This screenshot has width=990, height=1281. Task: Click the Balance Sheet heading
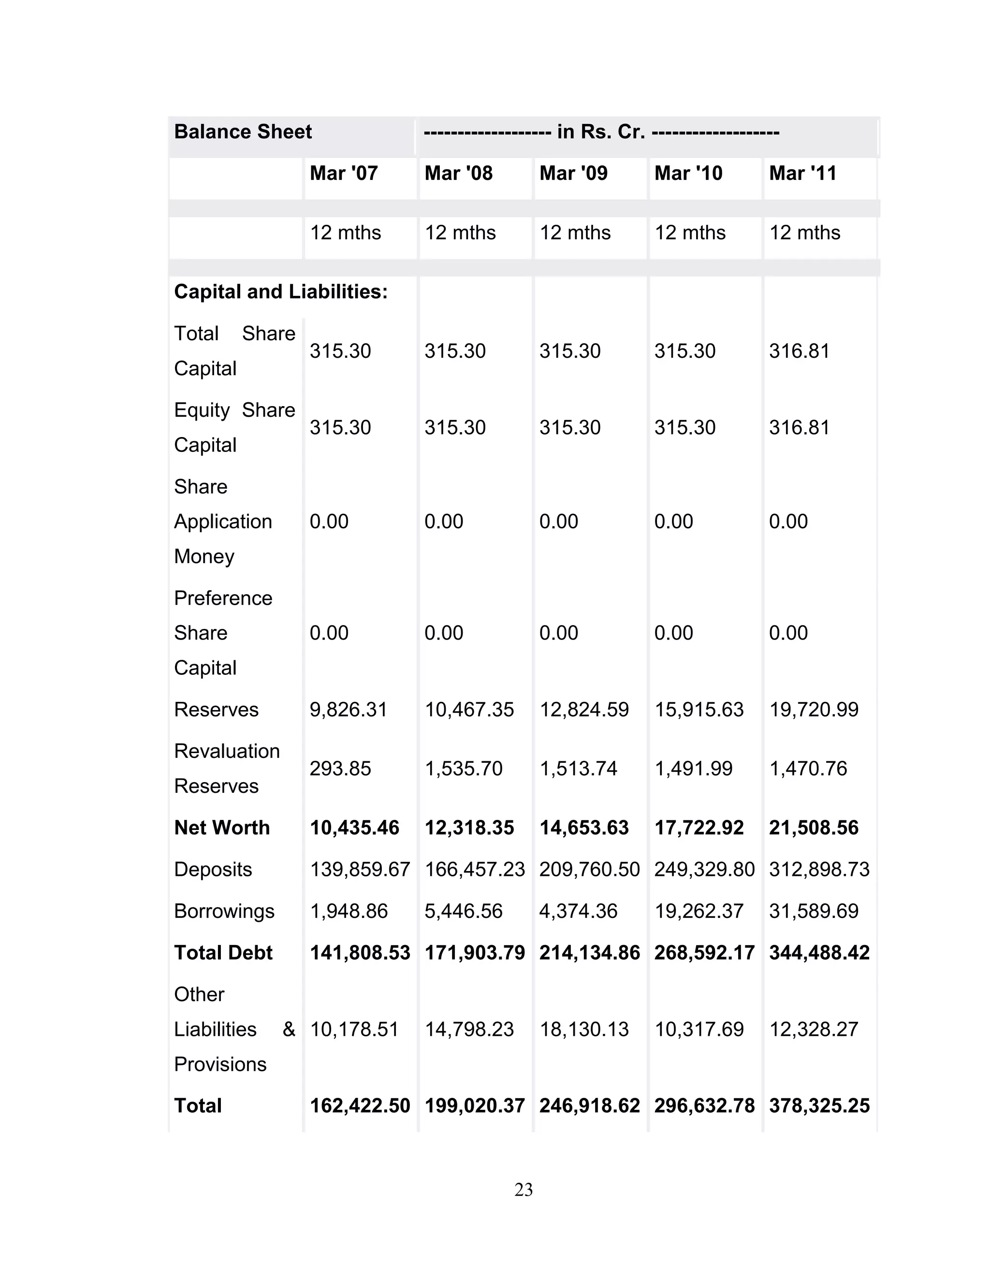[243, 132]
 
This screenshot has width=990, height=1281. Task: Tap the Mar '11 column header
[802, 174]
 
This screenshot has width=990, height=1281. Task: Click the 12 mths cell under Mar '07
[346, 233]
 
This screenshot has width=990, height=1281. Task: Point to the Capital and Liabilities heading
[281, 292]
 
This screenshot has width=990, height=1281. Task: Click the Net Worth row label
[222, 828]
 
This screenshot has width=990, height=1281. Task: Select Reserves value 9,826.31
[349, 710]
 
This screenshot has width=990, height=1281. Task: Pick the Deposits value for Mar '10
[704, 869]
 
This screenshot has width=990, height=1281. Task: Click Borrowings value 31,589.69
[814, 911]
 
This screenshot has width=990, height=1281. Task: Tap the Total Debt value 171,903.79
[475, 953]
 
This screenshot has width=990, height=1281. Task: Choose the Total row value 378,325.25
[819, 1106]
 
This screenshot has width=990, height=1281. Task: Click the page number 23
[523, 1190]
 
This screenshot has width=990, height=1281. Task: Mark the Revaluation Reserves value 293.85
[340, 769]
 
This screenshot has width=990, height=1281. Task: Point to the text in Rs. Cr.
[600, 132]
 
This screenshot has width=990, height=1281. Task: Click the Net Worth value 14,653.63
[583, 828]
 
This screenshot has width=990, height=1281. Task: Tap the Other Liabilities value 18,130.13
[583, 1029]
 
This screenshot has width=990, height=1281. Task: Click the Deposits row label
[213, 869]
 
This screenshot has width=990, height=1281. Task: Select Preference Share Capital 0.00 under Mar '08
[444, 633]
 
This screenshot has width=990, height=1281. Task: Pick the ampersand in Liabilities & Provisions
[289, 1029]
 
